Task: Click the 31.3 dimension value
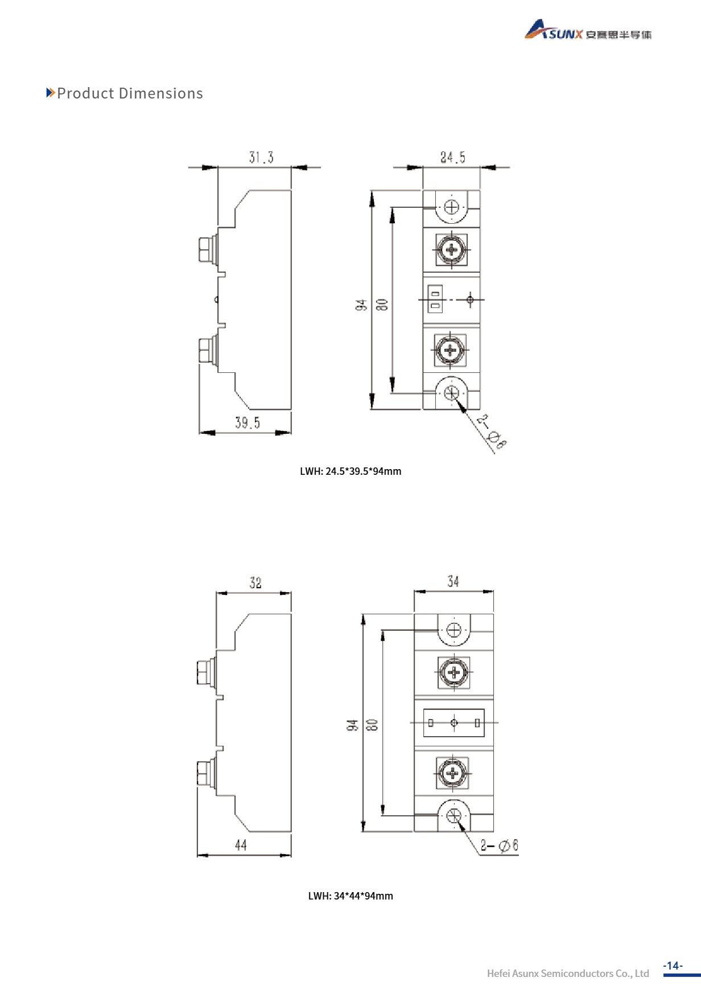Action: [261, 158]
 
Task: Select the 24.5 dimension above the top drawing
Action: [453, 158]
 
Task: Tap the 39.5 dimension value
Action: [248, 422]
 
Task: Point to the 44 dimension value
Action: [241, 845]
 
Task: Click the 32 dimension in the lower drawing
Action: [255, 583]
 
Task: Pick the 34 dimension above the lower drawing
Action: [453, 582]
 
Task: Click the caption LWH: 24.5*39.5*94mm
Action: [350, 471]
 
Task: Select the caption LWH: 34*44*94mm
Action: [350, 896]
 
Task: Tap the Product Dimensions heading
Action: [130, 93]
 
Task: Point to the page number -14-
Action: [673, 966]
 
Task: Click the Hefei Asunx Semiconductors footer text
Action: [567, 974]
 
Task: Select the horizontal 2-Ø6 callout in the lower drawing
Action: [499, 845]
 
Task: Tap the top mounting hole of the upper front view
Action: [452, 207]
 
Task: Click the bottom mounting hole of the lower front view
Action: [454, 816]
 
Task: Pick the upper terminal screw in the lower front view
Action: [453, 673]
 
